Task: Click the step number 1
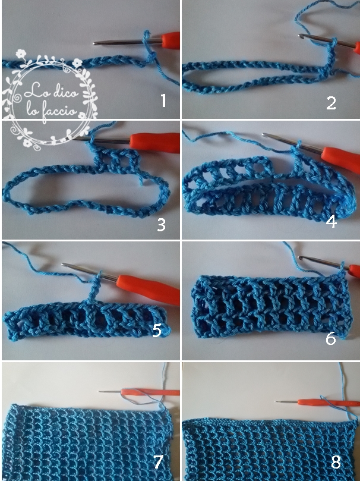(163, 100)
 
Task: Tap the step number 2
(331, 103)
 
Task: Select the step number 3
(161, 225)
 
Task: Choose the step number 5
(157, 331)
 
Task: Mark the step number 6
(330, 338)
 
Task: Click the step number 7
(158, 462)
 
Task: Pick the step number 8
(336, 461)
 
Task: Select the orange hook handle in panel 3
(154, 143)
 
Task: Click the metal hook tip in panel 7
(100, 391)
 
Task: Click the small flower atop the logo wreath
(21, 54)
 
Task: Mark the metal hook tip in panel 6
(301, 258)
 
